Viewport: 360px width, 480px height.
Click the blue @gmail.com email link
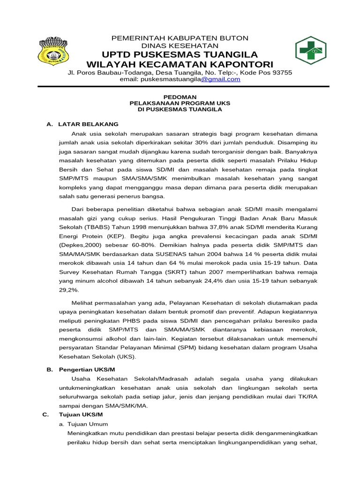[221, 79]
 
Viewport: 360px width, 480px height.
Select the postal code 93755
[280, 73]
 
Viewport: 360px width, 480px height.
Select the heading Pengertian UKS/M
[87, 370]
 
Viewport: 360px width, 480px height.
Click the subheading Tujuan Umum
[91, 424]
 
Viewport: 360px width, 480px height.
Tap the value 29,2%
[68, 290]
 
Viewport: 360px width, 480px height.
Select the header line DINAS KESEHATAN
[180, 46]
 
